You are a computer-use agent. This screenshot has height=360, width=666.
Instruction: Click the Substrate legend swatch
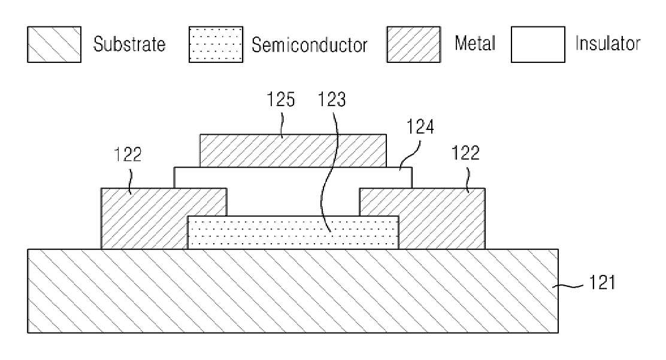click(x=54, y=44)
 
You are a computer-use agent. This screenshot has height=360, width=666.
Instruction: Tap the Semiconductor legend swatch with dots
click(x=216, y=44)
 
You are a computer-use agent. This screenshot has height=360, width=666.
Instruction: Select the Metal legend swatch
click(x=413, y=44)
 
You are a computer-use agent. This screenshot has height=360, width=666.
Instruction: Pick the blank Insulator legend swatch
click(x=538, y=44)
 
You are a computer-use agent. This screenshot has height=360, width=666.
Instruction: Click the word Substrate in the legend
click(x=129, y=44)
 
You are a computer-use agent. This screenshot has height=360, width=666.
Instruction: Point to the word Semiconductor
click(x=309, y=45)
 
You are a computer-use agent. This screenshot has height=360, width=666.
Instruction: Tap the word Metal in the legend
click(x=475, y=43)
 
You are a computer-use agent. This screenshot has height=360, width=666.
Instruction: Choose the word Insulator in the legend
click(x=608, y=43)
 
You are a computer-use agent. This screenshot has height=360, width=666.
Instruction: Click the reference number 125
click(x=280, y=99)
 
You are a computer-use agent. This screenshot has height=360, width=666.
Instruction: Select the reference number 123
click(x=332, y=99)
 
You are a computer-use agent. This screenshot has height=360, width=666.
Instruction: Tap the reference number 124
click(x=420, y=126)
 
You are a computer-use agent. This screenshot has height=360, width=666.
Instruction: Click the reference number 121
click(x=602, y=282)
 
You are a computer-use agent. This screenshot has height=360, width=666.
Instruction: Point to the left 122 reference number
click(x=128, y=155)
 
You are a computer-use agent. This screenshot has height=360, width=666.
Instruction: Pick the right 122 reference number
click(x=465, y=153)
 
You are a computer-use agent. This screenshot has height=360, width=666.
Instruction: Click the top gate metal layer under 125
click(x=293, y=150)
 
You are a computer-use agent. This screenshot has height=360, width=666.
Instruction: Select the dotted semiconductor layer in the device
click(x=293, y=232)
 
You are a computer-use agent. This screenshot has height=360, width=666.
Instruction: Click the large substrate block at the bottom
click(x=293, y=291)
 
